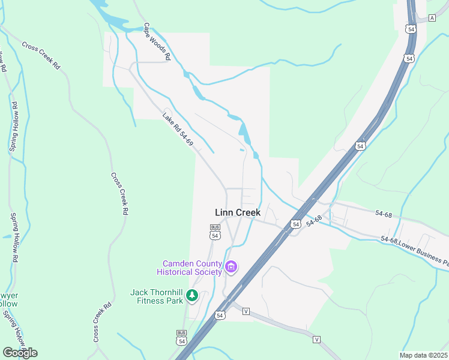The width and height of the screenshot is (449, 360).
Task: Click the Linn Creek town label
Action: click(x=238, y=212)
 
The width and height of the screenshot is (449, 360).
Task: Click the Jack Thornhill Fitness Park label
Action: click(x=157, y=296)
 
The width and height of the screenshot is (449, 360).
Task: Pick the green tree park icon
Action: click(x=191, y=295)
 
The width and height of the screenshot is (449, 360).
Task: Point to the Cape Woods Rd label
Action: click(x=157, y=42)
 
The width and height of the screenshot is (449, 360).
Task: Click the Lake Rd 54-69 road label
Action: click(x=178, y=130)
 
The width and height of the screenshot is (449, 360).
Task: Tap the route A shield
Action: click(x=432, y=18)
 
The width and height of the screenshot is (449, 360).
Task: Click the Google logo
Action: click(x=20, y=352)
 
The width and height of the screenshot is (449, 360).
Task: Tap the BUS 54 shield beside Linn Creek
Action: click(x=215, y=232)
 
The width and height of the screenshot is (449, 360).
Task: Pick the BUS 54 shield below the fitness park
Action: click(x=181, y=337)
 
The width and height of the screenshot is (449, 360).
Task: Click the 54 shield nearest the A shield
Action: click(x=411, y=28)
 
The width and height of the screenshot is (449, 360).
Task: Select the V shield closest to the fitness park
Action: click(x=246, y=311)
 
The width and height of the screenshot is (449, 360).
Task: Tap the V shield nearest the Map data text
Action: click(x=316, y=339)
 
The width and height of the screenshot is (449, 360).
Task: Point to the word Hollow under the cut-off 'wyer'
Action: click(x=8, y=304)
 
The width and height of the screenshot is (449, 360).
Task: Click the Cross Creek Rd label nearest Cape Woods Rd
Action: click(x=41, y=55)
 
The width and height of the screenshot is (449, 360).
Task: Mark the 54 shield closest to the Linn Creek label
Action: click(x=296, y=224)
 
